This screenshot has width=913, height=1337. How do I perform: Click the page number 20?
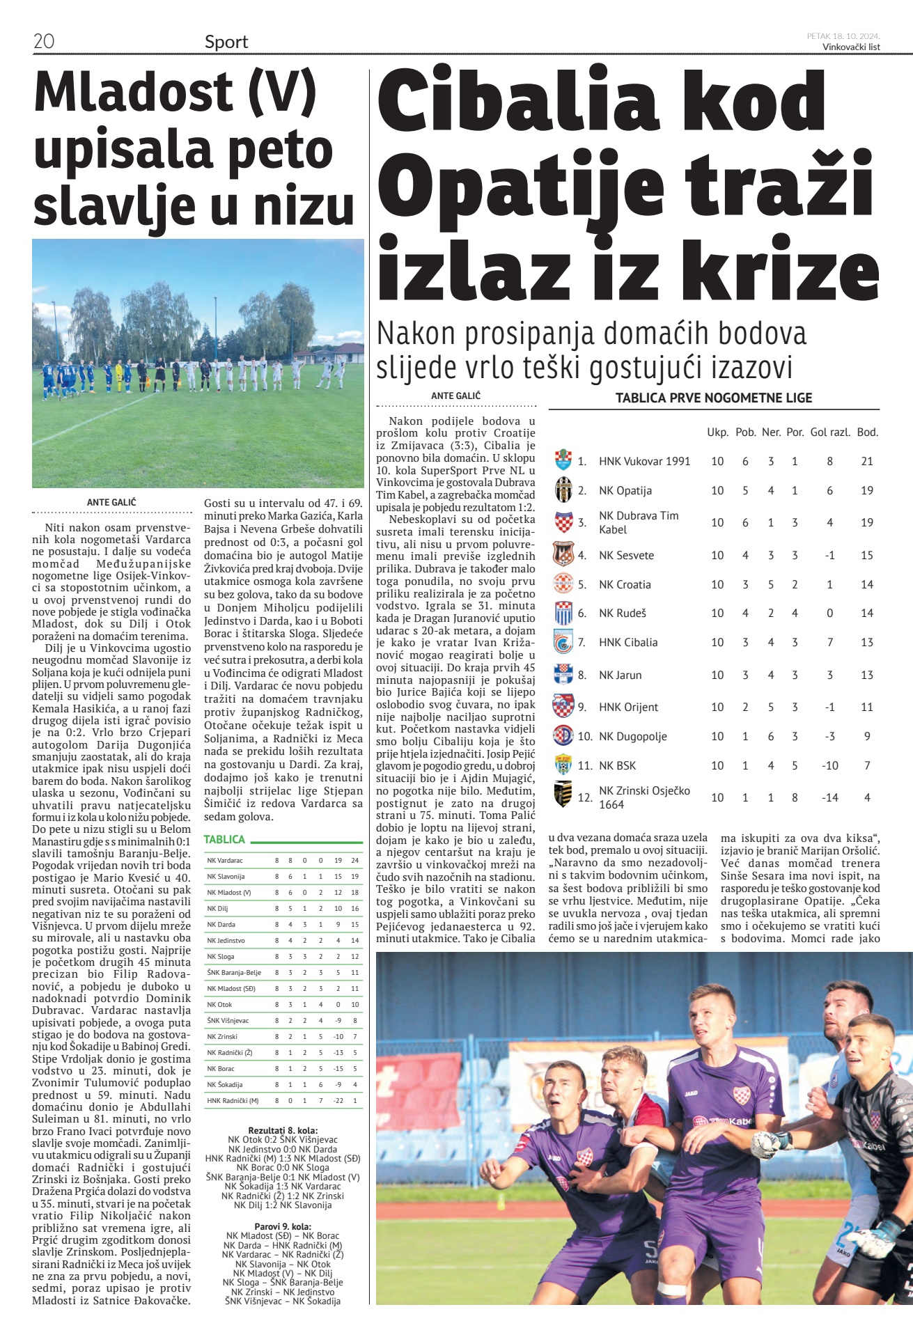pos(44,41)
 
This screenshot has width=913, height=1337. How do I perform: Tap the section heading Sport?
pos(226,42)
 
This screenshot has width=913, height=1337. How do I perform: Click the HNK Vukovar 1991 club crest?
pos(563,460)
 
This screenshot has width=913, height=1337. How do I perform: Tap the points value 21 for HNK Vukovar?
pos(867,461)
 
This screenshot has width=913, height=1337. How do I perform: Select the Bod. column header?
pos(867,432)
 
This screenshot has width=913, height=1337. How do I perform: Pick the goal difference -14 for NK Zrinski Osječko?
pos(829,797)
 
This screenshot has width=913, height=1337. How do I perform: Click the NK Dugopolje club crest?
pos(563,736)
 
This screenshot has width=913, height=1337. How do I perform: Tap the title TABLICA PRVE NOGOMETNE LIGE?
pos(714,398)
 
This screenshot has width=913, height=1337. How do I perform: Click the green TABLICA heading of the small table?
pos(224,840)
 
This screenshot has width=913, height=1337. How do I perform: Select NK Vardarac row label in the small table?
pos(225,861)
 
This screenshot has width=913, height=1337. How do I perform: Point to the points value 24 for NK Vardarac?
pos(355,861)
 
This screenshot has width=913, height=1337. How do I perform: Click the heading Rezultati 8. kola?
pos(283,1130)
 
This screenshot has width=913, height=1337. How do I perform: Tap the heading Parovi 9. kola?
pos(283,1226)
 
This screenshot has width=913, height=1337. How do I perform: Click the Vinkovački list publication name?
pos(851,47)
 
